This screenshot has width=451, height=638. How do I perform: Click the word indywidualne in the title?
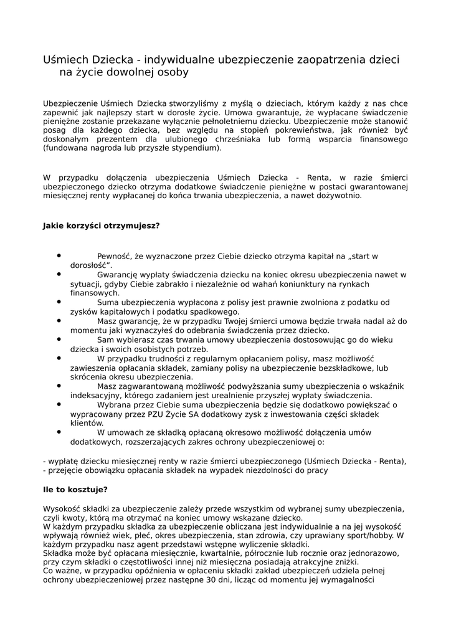pos(181,60)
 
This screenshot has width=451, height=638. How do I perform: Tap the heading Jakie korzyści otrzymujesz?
pos(101,226)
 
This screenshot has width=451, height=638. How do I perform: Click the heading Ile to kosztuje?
pos(75,490)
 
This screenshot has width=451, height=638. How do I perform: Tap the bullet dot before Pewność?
pos(59,255)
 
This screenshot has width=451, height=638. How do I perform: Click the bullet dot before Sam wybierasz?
pos(59,340)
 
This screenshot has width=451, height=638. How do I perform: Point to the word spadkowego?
pos(216,312)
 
